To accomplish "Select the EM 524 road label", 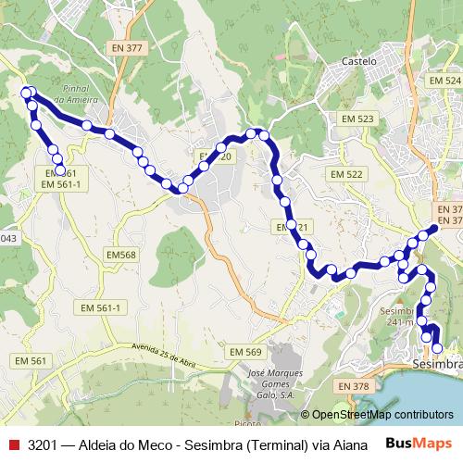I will click(444, 81).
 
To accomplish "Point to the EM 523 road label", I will click(357, 119).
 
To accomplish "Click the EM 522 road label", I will click(347, 174).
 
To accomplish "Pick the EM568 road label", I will click(120, 255).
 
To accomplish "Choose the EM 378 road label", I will click(353, 385).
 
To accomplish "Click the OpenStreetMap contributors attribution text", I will click(382, 414).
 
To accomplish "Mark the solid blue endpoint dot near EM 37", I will click(434, 229).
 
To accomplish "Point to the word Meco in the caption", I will click(140, 444).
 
